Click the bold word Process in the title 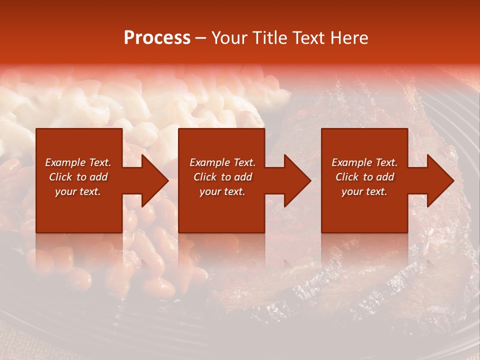coord(157,38)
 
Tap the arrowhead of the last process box coord(439,180)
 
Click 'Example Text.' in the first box coord(78,162)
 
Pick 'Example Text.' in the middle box coord(222,162)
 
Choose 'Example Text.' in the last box coord(364,162)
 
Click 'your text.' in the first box coord(78,191)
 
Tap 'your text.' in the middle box coord(222,191)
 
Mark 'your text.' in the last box coord(364,191)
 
